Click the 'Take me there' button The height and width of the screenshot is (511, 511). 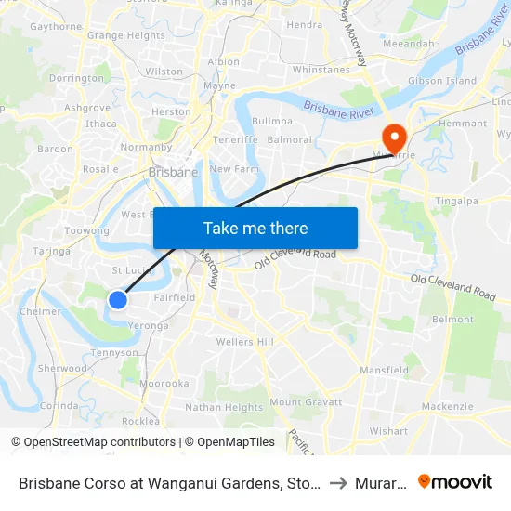(x=255, y=228)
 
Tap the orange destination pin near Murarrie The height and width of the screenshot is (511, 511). (x=395, y=139)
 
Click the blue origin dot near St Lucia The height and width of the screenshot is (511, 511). (x=117, y=299)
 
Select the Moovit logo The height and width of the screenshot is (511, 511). (x=455, y=481)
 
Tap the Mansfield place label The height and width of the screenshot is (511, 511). (x=384, y=370)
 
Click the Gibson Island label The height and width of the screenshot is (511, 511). (x=442, y=81)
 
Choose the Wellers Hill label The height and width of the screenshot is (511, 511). (x=244, y=342)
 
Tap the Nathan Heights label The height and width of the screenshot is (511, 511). (x=224, y=407)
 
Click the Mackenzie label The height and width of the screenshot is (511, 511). (x=447, y=406)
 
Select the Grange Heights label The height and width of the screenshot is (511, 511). (x=125, y=36)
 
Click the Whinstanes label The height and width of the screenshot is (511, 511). (x=321, y=70)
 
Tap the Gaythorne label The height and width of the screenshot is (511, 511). (x=57, y=27)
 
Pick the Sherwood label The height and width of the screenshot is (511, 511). (x=61, y=368)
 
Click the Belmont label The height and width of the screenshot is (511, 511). (x=453, y=319)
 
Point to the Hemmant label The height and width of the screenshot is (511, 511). (x=462, y=124)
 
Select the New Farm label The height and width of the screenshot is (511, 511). (x=231, y=169)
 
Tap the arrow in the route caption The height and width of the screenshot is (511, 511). (x=337, y=482)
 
